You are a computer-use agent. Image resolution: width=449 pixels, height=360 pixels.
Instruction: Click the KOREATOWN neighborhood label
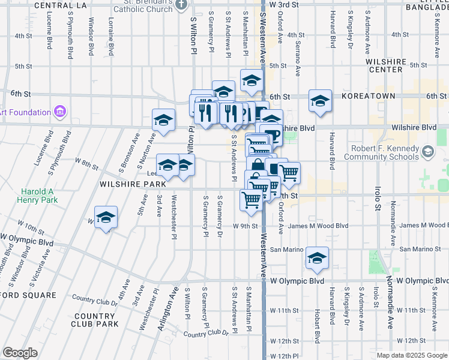368,96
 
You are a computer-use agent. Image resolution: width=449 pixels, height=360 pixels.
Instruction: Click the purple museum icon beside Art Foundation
59,112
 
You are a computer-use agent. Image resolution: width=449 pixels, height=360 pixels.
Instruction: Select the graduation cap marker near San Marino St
318,257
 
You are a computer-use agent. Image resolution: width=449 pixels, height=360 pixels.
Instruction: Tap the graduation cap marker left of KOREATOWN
320,100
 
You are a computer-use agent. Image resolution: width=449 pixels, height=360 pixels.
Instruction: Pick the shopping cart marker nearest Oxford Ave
289,172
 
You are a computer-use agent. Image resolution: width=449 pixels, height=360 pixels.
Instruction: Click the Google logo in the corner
20,353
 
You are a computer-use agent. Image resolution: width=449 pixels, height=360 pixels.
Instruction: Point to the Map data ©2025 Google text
412,355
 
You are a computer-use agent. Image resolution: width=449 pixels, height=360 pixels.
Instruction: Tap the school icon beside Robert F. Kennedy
427,149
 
